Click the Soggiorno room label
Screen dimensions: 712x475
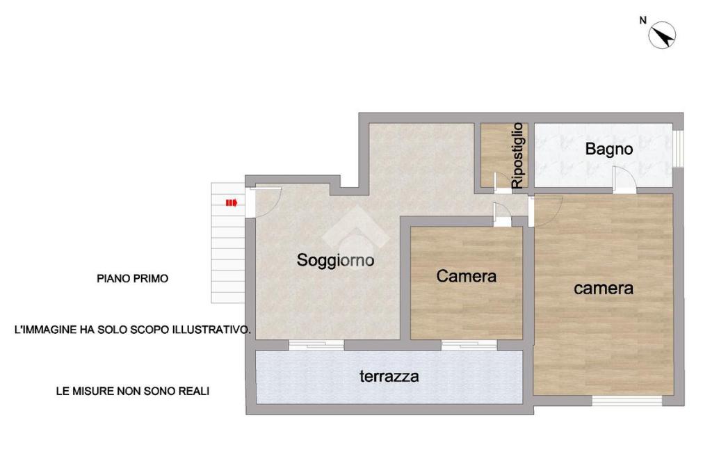335,260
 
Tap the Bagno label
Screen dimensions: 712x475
608,149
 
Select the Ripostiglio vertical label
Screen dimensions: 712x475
517,156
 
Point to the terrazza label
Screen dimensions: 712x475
389,376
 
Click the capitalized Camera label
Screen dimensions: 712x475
466,276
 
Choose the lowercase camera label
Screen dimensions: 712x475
603,289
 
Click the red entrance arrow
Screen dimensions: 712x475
232,202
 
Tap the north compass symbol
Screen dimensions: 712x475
662,35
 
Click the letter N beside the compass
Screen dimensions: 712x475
642,20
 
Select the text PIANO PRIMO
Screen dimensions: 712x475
133,278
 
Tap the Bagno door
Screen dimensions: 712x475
622,180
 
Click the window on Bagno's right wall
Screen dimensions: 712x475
677,149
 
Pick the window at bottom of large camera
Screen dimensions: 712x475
626,401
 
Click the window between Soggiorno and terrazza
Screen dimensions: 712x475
316,345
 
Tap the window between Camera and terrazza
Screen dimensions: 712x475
469,345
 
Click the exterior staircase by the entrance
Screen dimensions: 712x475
228,243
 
